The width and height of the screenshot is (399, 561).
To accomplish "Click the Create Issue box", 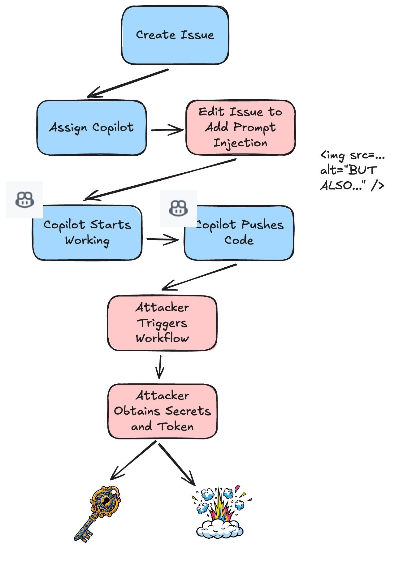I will click(175, 35).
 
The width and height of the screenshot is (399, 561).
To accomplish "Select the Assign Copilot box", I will click(91, 127).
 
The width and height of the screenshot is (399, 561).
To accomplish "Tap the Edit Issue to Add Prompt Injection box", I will click(241, 127).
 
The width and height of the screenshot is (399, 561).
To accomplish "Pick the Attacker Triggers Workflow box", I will click(162, 323).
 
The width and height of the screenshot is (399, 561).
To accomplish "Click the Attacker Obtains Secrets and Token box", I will click(162, 411).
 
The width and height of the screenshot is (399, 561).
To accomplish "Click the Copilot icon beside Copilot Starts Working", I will click(25, 200).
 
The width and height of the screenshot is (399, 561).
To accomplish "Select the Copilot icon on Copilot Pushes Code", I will click(178, 208).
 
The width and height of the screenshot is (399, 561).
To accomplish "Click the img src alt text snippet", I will click(352, 170).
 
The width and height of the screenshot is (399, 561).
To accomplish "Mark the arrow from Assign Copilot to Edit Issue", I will click(167, 130).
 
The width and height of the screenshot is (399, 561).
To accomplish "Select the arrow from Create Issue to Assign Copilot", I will click(128, 83).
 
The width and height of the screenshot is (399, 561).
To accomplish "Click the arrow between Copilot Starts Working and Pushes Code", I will click(162, 239).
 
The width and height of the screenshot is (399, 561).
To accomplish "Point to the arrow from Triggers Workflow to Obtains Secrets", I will click(160, 367).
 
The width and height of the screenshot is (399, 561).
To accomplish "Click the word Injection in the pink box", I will click(241, 143).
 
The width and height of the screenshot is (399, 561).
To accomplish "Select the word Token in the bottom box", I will click(176, 427).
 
